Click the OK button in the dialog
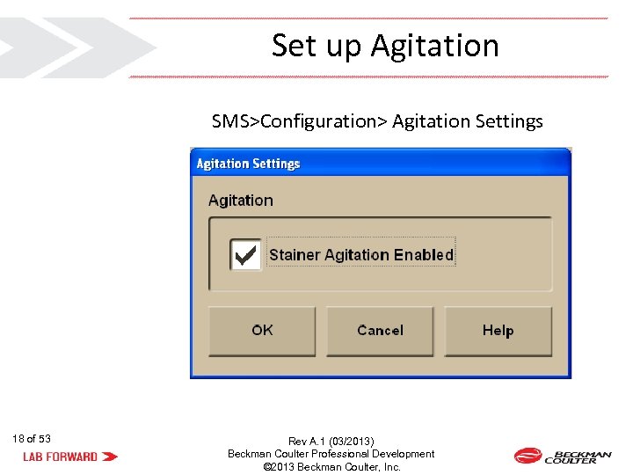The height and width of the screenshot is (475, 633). click(x=262, y=331)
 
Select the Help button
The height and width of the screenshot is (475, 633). click(x=498, y=331)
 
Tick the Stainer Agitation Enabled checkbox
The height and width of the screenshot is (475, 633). click(x=245, y=255)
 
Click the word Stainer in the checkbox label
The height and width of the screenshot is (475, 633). click(x=295, y=255)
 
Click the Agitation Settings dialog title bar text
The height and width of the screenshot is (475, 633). click(x=248, y=164)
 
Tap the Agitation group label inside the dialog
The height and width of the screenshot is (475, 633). click(x=241, y=201)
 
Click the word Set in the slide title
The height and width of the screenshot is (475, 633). click(x=293, y=46)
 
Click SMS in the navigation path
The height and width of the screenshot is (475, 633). click(x=231, y=121)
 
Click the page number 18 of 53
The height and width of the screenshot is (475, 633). click(x=32, y=438)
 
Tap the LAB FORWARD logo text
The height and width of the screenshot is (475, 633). click(x=60, y=457)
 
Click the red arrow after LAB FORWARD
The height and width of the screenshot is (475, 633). click(x=110, y=457)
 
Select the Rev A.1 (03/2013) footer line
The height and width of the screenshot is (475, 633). click(x=331, y=441)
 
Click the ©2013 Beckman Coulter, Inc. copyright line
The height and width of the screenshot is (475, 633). click(x=331, y=467)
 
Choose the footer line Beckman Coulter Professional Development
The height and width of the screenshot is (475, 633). click(x=331, y=454)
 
